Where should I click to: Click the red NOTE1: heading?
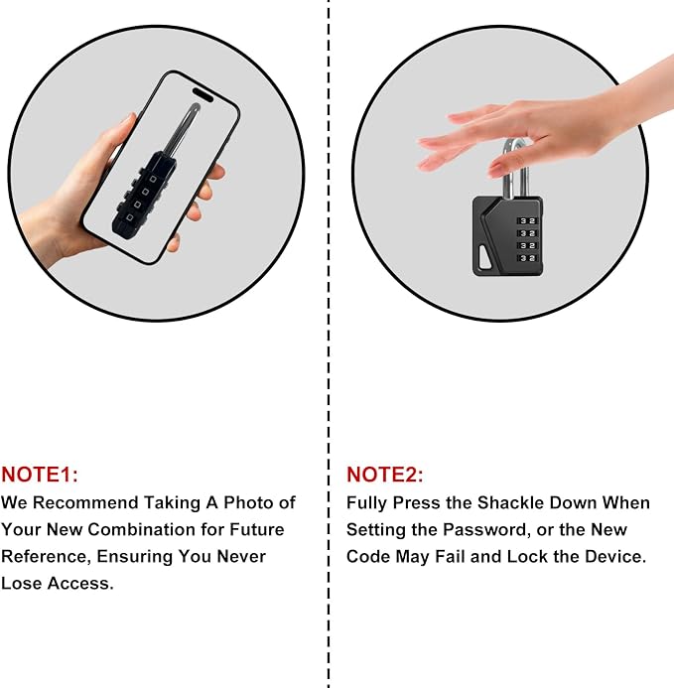click(x=40, y=475)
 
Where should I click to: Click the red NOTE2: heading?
click(x=385, y=475)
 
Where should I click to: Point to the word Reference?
click(x=47, y=556)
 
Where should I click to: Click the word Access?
click(x=80, y=583)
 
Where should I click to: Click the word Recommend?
click(x=85, y=502)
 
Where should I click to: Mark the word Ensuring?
click(x=135, y=557)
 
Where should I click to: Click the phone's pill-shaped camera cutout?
click(x=202, y=94)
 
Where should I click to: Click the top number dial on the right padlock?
click(x=527, y=220)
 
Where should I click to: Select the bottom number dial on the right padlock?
click(x=527, y=258)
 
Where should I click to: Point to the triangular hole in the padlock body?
click(x=484, y=258)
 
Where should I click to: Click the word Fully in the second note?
click(x=367, y=503)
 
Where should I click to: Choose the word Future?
click(x=257, y=529)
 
